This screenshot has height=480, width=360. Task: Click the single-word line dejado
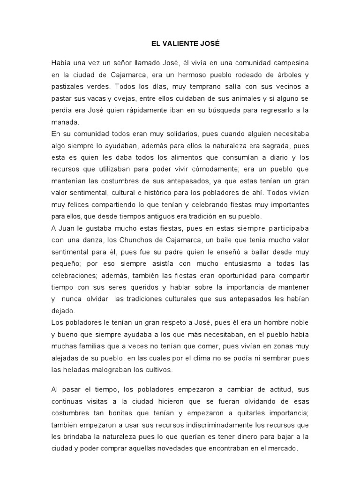pos(63,310)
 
